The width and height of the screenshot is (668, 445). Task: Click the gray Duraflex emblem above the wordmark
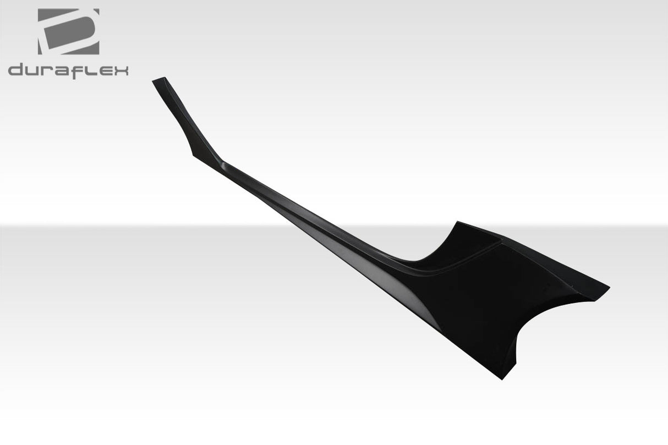(69, 31)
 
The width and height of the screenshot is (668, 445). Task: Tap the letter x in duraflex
(120, 71)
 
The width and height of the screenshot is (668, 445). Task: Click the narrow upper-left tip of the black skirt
(158, 80)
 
